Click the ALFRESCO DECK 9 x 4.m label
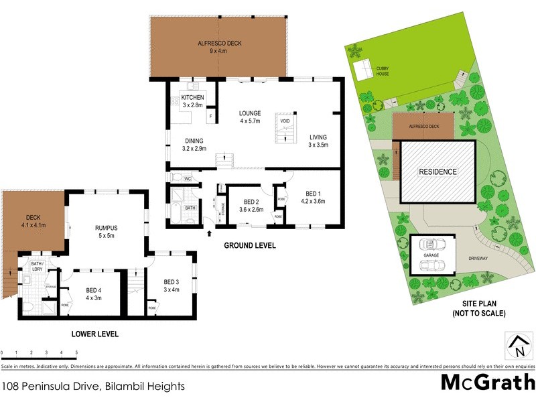pos(220,47)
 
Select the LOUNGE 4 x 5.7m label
pos(251,117)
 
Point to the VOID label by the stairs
pos(284,121)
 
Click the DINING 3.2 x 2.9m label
pos(195,144)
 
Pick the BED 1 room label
pos(312,194)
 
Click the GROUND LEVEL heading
pos(249,246)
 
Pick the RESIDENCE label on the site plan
pos(438,172)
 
